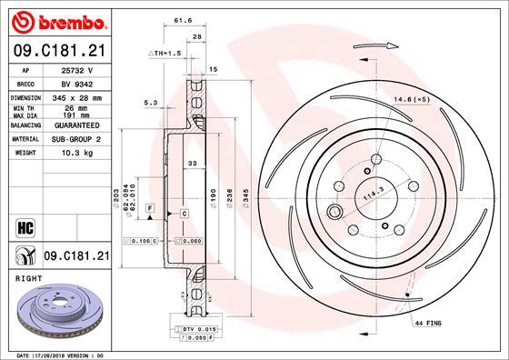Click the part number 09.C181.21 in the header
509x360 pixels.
(58, 52)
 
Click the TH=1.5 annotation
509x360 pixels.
(165, 54)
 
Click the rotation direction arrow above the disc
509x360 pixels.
(383, 43)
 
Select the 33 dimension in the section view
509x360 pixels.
(191, 164)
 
